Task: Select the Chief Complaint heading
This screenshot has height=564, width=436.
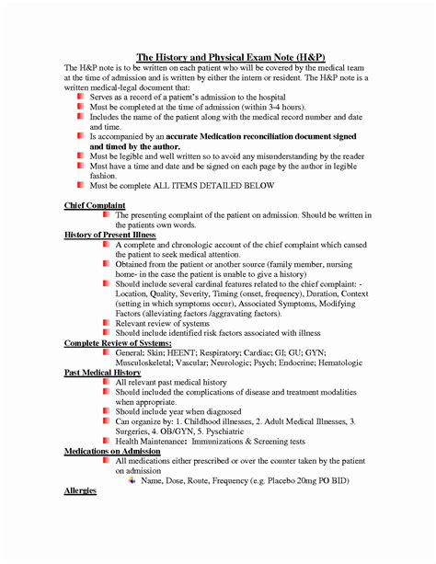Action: [x=96, y=204]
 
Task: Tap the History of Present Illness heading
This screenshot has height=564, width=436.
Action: [x=110, y=236]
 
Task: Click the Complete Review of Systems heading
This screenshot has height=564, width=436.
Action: [x=119, y=342]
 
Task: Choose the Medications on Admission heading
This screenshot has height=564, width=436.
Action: [x=112, y=450]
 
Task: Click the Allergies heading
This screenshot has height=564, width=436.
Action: [x=80, y=492]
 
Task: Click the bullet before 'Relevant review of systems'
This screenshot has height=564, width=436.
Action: [x=106, y=322]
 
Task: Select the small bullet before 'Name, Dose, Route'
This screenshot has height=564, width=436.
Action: [x=132, y=480]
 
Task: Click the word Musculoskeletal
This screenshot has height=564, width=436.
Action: [x=149, y=363]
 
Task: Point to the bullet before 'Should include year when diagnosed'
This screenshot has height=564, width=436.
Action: [x=106, y=409]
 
